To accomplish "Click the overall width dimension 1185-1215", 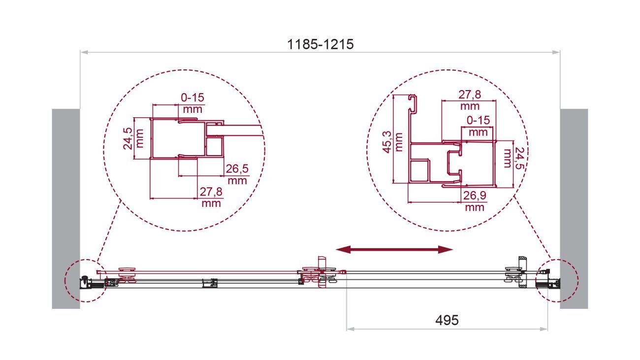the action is click(x=320, y=45).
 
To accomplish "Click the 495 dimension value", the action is click(x=447, y=320).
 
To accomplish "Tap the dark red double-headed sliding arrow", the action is click(x=394, y=249).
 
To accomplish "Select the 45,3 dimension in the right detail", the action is click(x=388, y=142).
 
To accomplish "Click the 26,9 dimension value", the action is click(x=475, y=196).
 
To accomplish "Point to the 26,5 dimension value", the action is click(x=237, y=169).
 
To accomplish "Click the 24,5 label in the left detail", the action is click(x=128, y=138).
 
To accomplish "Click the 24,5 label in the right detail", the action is click(x=519, y=158).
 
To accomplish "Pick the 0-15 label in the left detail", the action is click(x=192, y=98).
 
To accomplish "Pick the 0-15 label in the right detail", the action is click(x=479, y=120).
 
